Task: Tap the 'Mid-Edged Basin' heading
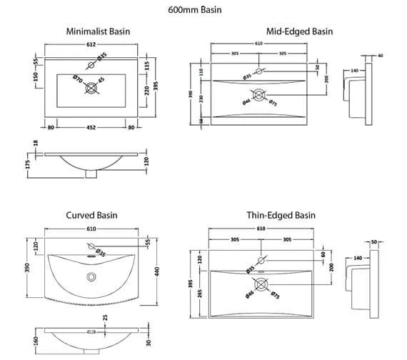pos(299,32)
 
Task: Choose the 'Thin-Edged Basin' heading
pos(281,215)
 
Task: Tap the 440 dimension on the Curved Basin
pos(156,271)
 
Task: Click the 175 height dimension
pos(27,164)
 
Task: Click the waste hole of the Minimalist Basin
pos(91,89)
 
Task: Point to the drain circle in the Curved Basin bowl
pos(91,275)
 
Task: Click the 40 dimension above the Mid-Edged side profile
pos(381,55)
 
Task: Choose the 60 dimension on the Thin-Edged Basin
pos(323,254)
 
